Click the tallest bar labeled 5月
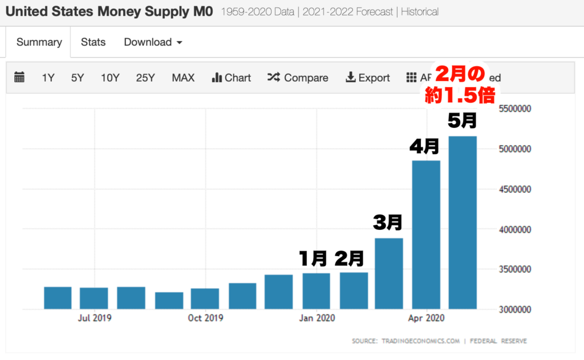point(463,223)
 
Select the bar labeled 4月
point(426,234)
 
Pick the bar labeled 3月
point(389,273)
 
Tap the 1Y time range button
point(48,78)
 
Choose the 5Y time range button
point(78,78)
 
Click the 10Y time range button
point(110,78)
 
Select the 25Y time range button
point(145,78)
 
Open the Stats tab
point(93,42)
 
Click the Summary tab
point(39,42)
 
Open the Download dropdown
point(153,42)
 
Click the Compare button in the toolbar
point(298,78)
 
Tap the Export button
point(368,78)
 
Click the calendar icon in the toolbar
point(19,78)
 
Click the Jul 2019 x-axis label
point(95,318)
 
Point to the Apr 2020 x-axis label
point(427,318)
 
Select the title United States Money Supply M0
point(109,11)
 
